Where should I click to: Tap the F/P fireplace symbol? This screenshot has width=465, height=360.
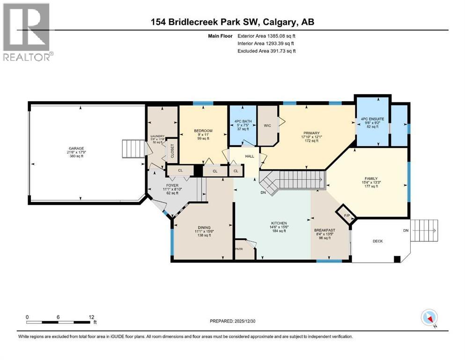347,215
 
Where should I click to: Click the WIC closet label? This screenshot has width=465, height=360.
267,126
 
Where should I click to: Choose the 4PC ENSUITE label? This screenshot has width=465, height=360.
372,119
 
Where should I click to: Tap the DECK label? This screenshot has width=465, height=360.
377,241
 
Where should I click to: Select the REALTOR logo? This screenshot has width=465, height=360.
27,32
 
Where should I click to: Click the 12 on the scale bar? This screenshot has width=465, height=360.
92,317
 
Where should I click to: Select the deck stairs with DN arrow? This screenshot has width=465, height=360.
425,231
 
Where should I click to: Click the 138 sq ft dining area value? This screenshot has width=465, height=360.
203,235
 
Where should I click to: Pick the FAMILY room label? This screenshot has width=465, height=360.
371,179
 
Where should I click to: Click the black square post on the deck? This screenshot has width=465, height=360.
397,258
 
